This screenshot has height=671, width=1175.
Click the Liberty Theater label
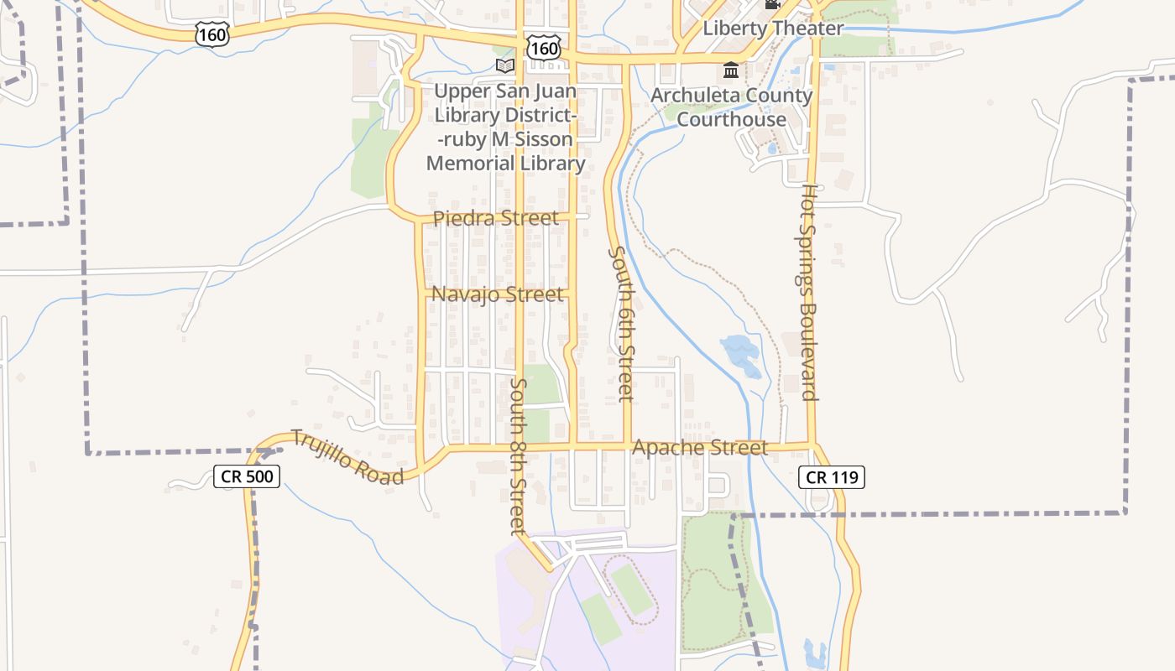click(772, 28)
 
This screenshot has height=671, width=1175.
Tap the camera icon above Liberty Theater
click(772, 4)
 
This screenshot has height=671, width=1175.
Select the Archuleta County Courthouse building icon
click(731, 69)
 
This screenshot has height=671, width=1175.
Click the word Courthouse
click(731, 119)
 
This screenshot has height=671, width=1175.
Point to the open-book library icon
click(504, 65)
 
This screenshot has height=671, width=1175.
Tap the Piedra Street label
click(495, 218)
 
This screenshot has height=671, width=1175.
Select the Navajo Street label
click(497, 294)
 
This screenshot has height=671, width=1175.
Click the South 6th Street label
click(622, 323)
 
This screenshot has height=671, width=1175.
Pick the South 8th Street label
click(518, 455)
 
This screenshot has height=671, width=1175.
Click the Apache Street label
click(699, 448)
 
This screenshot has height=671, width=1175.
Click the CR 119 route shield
click(831, 477)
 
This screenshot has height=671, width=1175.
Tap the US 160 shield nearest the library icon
click(544, 48)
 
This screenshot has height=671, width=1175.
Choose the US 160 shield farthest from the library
click(211, 34)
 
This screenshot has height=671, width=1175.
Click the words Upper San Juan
click(505, 91)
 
